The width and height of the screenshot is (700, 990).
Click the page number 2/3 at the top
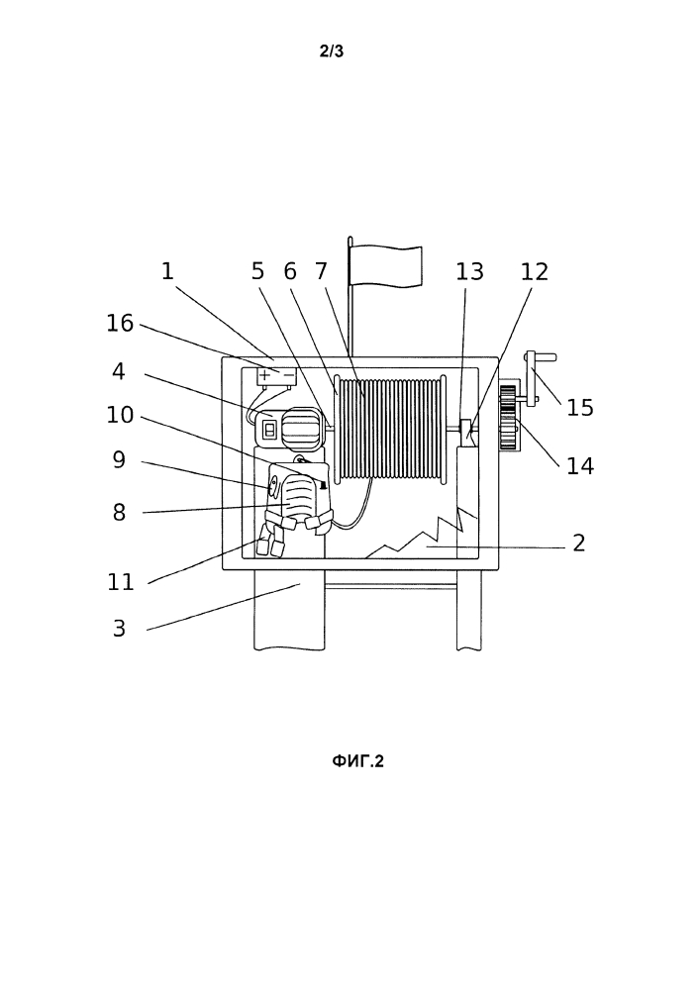(332, 51)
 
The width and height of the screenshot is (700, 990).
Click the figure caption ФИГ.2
(357, 761)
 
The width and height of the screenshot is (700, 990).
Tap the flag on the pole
(386, 265)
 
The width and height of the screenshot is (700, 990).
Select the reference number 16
(119, 324)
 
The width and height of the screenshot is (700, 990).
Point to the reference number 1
(167, 271)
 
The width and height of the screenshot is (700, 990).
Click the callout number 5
(257, 271)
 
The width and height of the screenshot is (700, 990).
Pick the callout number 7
(321, 271)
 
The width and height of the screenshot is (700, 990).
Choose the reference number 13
(469, 271)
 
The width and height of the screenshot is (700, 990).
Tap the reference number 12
(534, 271)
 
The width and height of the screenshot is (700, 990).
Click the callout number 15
(580, 408)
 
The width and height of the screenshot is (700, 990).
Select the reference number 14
(580, 466)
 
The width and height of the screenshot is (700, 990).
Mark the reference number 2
(579, 543)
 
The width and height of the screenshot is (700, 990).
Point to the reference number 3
(119, 629)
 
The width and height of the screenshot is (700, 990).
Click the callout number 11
(121, 581)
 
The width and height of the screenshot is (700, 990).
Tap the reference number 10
(119, 415)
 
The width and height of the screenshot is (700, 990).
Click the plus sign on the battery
(265, 376)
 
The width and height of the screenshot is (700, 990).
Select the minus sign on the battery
(289, 376)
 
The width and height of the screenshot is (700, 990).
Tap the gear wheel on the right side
(508, 418)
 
